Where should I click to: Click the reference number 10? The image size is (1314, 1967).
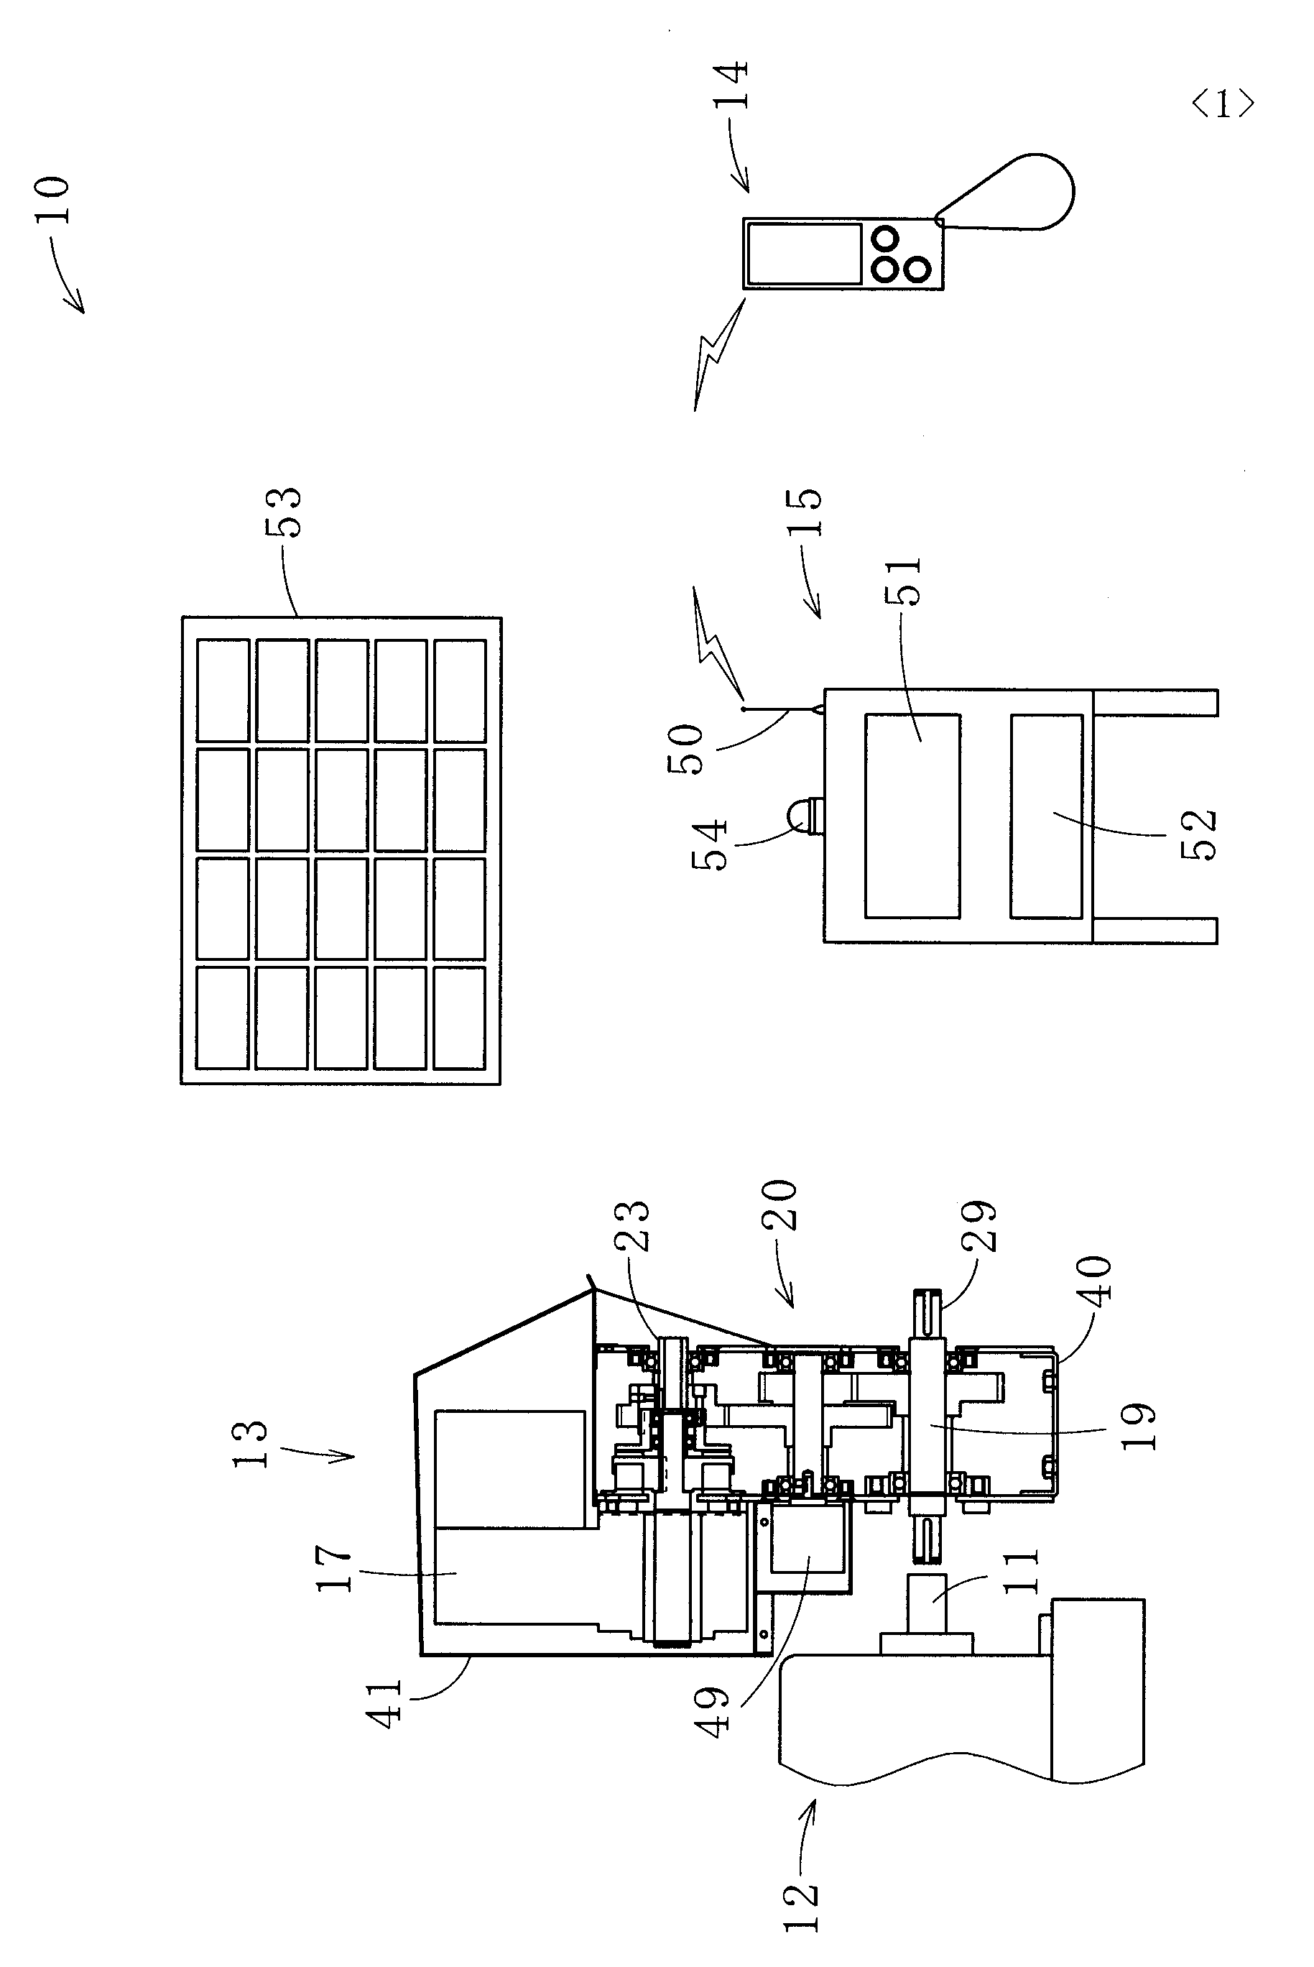click(52, 200)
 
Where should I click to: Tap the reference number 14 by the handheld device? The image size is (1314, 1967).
click(731, 85)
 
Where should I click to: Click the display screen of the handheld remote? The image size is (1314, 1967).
click(805, 253)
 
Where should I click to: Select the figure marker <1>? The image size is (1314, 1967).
click(1223, 105)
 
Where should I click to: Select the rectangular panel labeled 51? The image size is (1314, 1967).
click(912, 816)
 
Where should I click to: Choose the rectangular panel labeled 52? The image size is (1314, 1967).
click(1046, 816)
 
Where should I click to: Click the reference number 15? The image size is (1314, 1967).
click(805, 512)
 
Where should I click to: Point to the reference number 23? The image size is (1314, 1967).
click(634, 1225)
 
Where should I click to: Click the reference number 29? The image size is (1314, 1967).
click(978, 1225)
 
